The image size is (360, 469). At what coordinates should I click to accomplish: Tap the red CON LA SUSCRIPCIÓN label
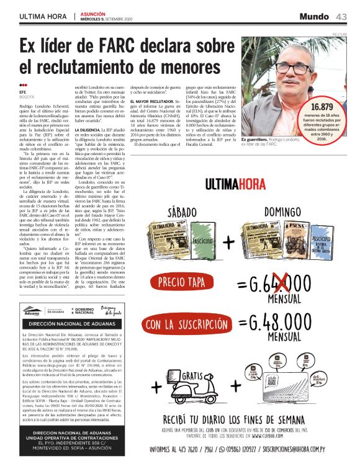(184, 323)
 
